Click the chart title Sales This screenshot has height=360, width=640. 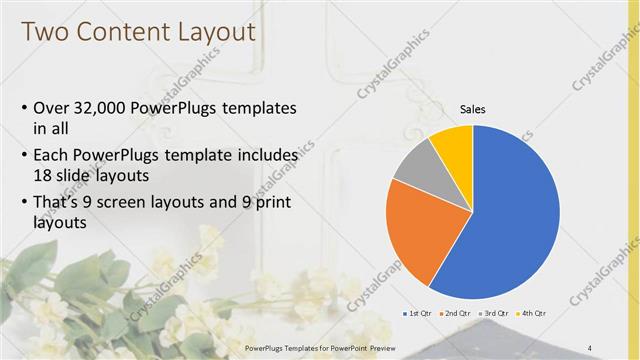472,109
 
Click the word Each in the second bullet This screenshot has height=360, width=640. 52,156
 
